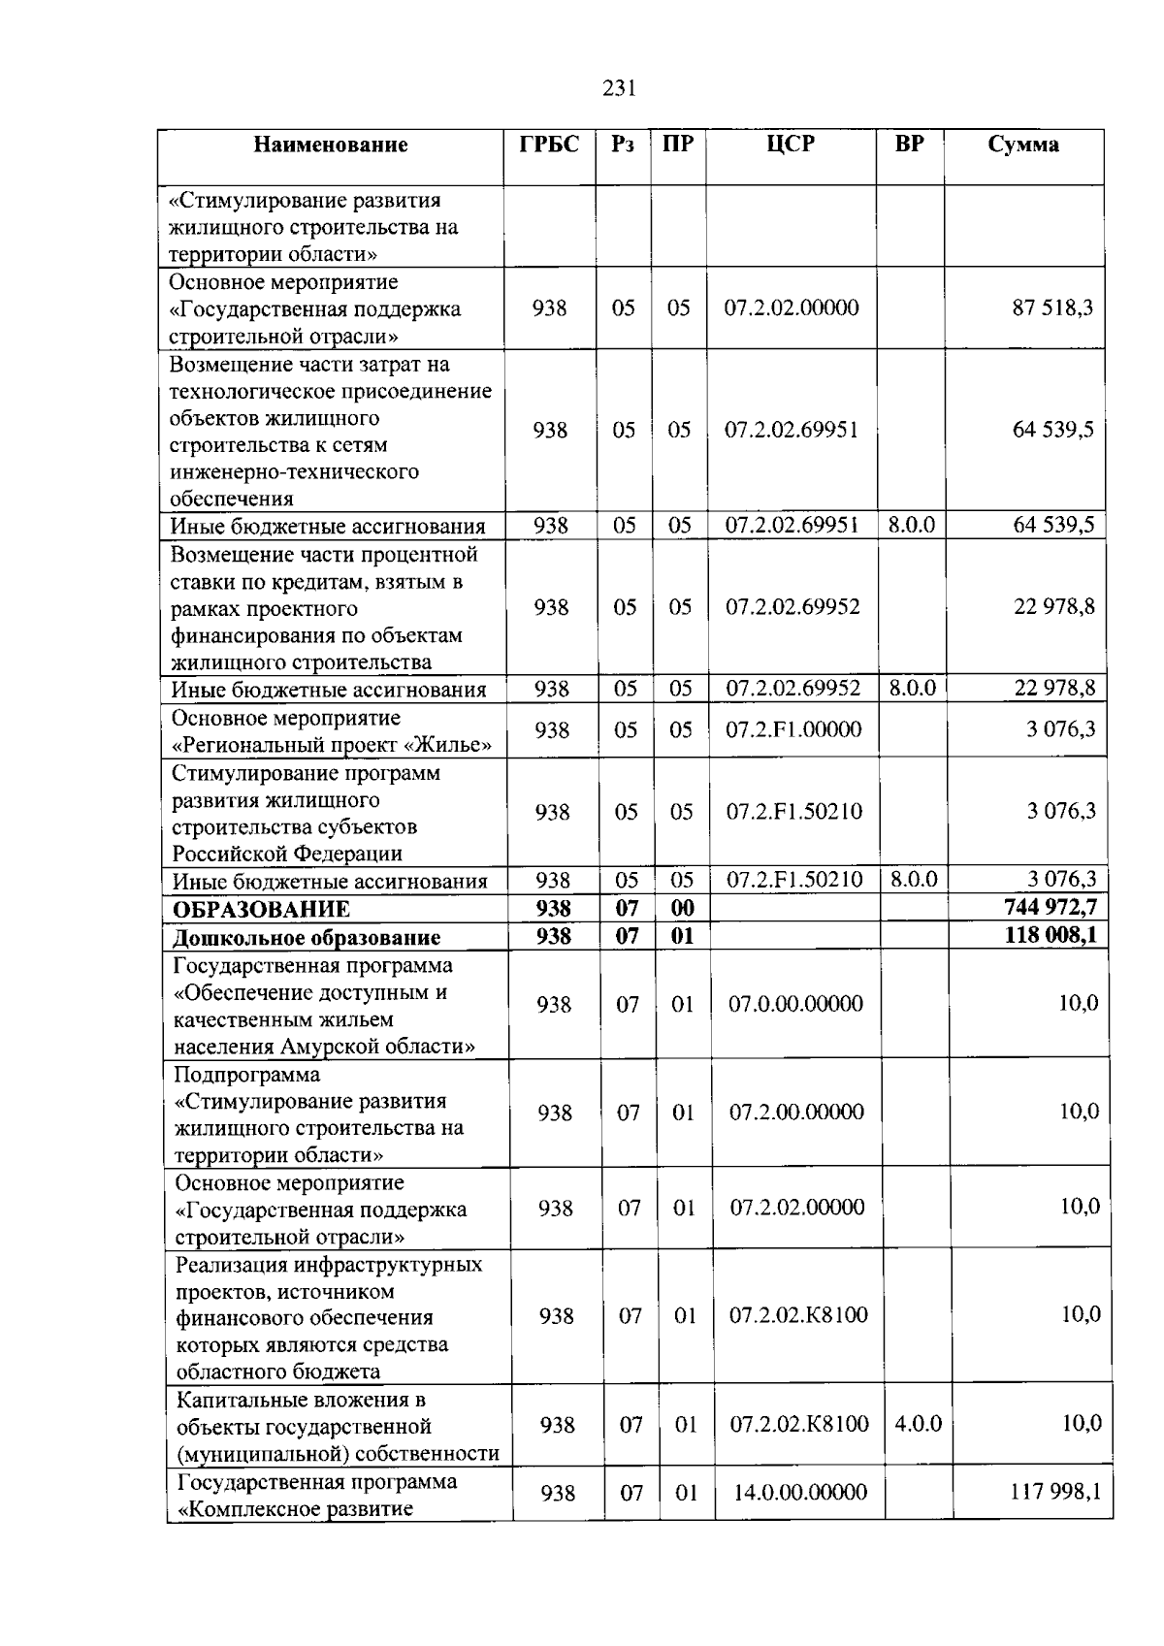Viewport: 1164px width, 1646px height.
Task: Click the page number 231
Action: [619, 89]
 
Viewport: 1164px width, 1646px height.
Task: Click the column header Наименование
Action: [331, 145]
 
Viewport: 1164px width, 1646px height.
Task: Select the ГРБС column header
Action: [549, 145]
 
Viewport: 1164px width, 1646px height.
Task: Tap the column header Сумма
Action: [1023, 145]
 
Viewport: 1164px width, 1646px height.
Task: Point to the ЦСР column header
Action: [791, 145]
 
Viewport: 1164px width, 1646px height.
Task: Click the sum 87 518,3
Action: [1052, 308]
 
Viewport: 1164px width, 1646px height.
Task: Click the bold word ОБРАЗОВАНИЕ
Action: [262, 910]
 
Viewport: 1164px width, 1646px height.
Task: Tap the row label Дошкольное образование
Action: [307, 938]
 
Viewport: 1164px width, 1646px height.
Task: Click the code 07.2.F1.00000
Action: [793, 729]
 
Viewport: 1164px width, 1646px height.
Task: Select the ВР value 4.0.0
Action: [918, 1425]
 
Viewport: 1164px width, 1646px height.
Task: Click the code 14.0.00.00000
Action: [800, 1493]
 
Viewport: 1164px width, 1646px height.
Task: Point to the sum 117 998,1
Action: [1055, 1492]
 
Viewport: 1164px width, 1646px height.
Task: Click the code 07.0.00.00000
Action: [795, 1004]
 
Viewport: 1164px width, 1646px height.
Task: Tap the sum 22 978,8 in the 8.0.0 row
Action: [1054, 689]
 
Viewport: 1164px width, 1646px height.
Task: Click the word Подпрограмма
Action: [247, 1075]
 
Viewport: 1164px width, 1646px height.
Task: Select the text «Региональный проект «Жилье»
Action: [332, 745]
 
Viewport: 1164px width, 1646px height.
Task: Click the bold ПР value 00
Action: [683, 909]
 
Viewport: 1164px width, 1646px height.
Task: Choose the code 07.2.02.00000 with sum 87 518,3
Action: [792, 308]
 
